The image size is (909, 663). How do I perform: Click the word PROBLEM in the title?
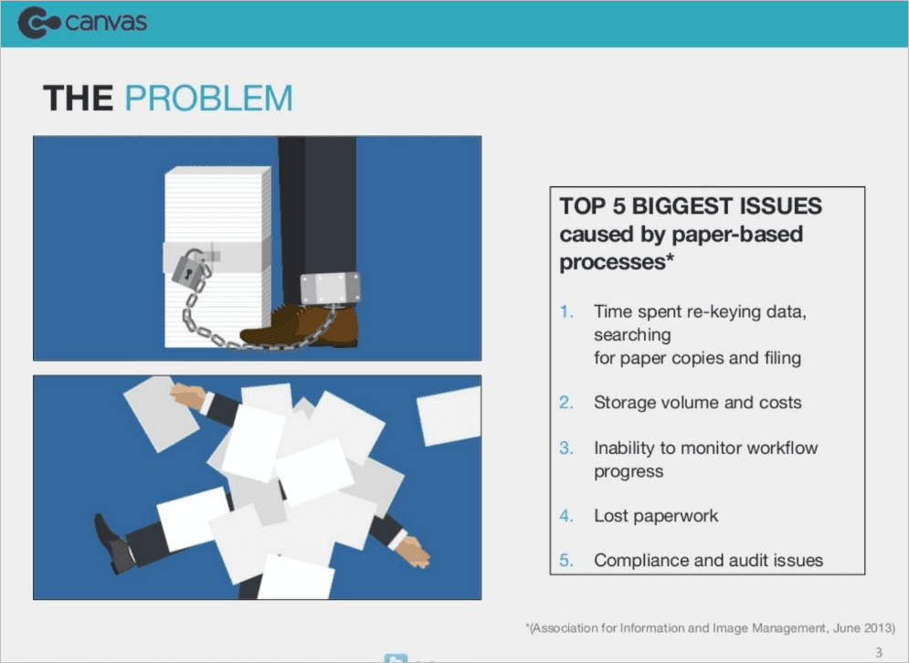coord(208,99)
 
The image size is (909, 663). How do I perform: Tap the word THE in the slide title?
coord(78,99)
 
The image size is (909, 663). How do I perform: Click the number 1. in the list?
coord(567,311)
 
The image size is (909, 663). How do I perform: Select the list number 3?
coord(567,448)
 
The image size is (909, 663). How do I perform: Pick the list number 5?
coord(567,561)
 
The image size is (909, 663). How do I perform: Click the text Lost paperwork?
coord(656,516)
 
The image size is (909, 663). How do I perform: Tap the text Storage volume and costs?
coord(697,403)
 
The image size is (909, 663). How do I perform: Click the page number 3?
coord(879,652)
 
